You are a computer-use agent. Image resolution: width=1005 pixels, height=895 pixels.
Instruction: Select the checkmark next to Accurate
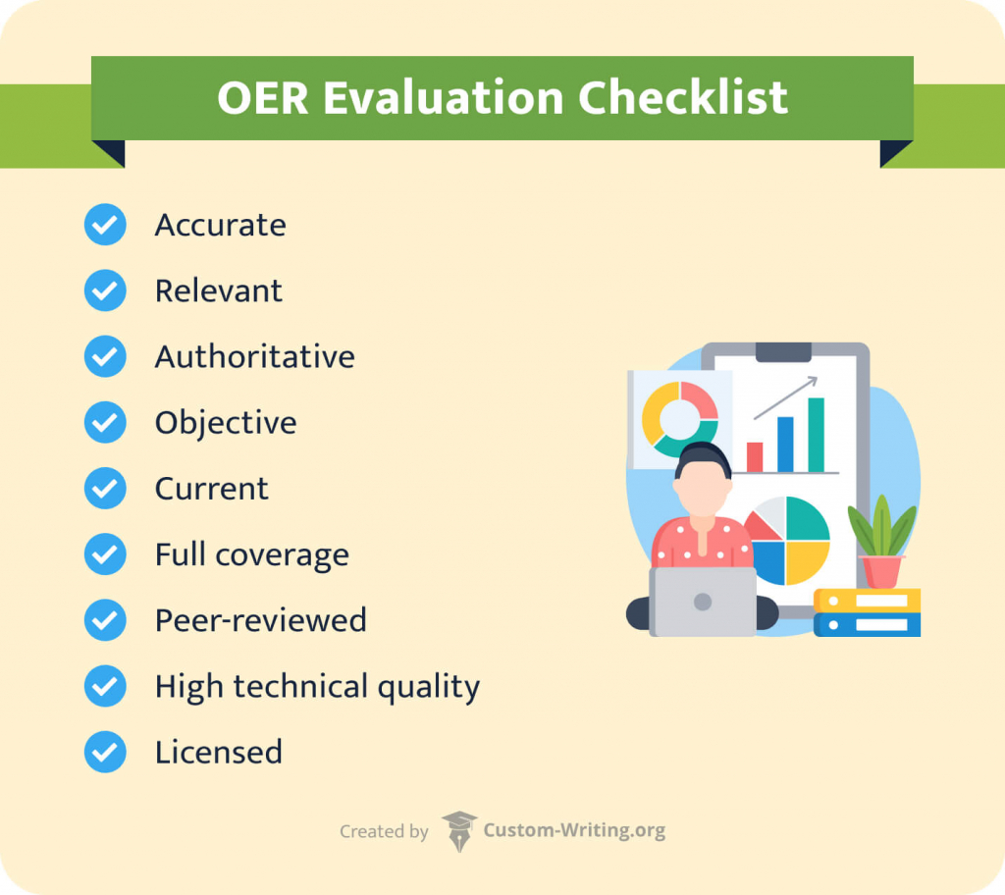click(105, 225)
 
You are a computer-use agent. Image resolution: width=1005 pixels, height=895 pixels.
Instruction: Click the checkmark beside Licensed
click(105, 752)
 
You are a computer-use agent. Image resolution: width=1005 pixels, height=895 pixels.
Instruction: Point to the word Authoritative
click(254, 356)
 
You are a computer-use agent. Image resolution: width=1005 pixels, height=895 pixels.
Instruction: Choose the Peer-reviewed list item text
click(260, 620)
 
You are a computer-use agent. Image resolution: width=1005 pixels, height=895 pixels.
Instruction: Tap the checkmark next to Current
click(105, 488)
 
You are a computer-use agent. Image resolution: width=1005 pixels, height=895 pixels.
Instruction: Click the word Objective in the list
click(225, 423)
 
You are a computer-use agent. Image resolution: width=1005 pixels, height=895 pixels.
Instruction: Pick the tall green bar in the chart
click(816, 435)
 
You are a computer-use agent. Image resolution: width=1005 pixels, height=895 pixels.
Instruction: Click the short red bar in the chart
click(755, 457)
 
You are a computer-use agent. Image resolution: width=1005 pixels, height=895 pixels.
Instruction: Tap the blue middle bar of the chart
click(785, 444)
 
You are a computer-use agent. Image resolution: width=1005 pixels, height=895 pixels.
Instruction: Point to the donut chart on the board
click(679, 419)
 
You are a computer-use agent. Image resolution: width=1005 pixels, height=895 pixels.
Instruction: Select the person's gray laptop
click(703, 602)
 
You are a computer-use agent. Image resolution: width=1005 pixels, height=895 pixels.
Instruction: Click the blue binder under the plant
click(867, 624)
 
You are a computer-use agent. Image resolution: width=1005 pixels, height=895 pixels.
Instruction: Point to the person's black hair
click(703, 458)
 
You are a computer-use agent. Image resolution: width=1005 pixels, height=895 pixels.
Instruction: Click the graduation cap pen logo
click(458, 830)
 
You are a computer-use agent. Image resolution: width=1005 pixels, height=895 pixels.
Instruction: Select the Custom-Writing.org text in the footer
click(574, 830)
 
